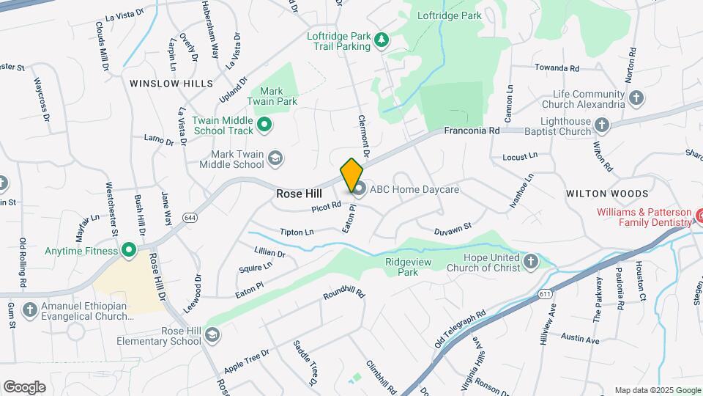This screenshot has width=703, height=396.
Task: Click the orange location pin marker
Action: pyautogui.click(x=351, y=175)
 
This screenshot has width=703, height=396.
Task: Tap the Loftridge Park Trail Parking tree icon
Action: pyautogui.click(x=381, y=40)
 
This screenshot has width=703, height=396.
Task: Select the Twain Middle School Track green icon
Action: pyautogui.click(x=264, y=125)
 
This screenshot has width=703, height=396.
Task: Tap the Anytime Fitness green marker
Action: pyautogui.click(x=129, y=251)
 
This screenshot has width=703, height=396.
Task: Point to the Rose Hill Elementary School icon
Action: pyautogui.click(x=212, y=335)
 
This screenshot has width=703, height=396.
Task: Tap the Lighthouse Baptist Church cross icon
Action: pyautogui.click(x=602, y=126)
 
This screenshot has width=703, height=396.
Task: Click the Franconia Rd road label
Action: pyautogui.click(x=472, y=131)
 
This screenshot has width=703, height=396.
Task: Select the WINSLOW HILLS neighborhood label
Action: pyautogui.click(x=171, y=84)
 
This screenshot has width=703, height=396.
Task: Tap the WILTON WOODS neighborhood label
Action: pyautogui.click(x=607, y=194)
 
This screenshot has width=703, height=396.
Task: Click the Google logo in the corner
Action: pyautogui.click(x=24, y=386)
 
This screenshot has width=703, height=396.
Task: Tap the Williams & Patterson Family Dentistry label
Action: pyautogui.click(x=643, y=217)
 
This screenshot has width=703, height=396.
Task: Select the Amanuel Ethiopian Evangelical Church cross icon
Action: pyautogui.click(x=30, y=310)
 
